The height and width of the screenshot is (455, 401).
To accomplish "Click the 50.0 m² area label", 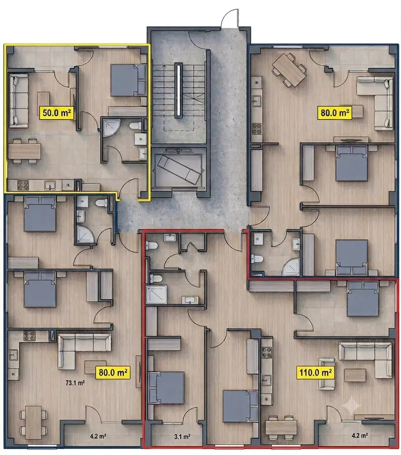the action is tap(56, 113).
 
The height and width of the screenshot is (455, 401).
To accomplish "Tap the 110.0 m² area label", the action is tap(315, 373).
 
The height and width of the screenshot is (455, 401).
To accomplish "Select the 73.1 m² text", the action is tap(75, 383).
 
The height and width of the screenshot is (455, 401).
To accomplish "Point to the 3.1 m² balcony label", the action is tap(182, 436).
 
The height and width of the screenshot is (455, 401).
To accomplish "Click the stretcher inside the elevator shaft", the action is tap(179, 170).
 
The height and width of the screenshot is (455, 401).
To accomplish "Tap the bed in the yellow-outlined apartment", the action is tap(128, 80).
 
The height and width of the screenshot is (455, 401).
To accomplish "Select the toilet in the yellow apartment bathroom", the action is tap(135, 126).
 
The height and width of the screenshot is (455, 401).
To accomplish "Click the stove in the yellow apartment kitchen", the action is tap(23, 185).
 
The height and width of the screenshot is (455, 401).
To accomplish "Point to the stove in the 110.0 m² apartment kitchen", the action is tap(267, 353).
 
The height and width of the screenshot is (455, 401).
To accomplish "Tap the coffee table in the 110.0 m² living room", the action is tap(355, 375).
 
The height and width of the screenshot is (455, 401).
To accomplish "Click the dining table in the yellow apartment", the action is tap(24, 151).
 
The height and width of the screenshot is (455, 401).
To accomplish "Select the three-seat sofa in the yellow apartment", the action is tap(19, 100).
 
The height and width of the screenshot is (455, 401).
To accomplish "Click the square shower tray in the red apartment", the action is tap(157, 294).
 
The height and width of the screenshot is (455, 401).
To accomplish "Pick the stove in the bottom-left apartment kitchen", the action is tap(30, 336).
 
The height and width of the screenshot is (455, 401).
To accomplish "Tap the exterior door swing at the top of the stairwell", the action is tap(230, 18).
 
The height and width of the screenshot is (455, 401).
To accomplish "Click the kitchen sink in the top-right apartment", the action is tap(257, 101).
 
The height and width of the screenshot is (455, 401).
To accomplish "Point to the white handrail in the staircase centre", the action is tap(179, 90).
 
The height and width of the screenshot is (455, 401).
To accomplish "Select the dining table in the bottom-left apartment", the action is tap(33, 422).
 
